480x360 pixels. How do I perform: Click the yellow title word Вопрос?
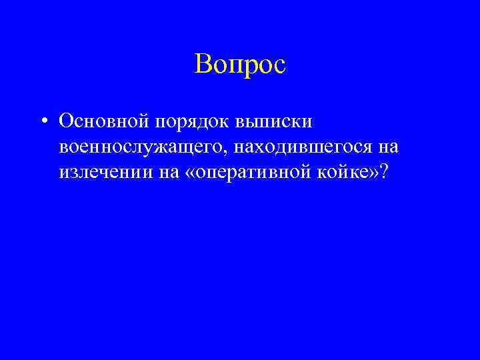coord(240,65)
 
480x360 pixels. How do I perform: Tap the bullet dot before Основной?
coord(43,122)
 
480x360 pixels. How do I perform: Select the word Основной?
coord(104,122)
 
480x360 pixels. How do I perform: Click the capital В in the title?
coord(203,65)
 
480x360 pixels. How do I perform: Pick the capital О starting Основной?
coord(65,122)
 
